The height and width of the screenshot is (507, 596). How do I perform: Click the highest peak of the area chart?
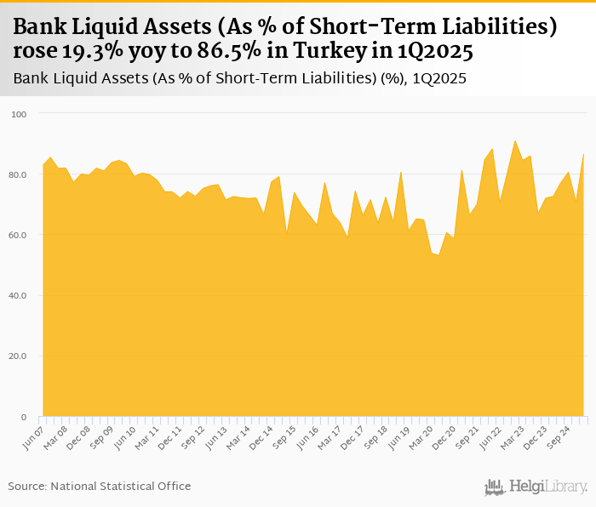(515, 141)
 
